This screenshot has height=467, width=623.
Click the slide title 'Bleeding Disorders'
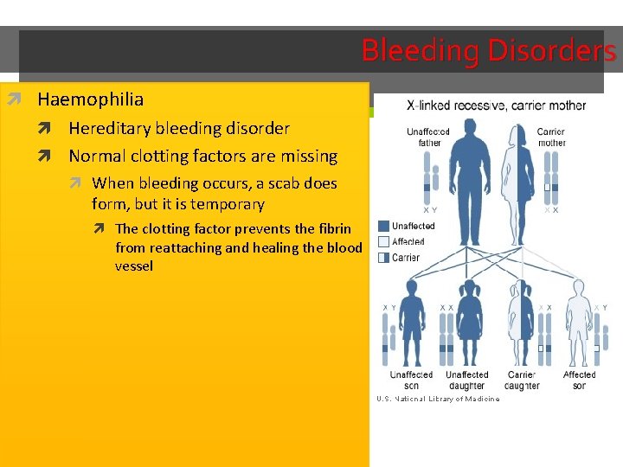(488, 50)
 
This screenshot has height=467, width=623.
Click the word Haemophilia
(90, 99)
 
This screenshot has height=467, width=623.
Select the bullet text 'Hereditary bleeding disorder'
(179, 128)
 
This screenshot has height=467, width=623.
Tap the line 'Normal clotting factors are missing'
(202, 157)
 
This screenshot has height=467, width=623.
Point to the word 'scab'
(267, 183)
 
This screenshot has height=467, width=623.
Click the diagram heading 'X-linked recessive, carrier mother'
(496, 106)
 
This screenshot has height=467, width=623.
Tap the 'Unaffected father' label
(428, 138)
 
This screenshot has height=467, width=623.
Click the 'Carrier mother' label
(551, 138)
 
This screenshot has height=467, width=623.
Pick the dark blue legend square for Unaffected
(383, 227)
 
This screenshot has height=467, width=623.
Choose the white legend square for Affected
(383, 242)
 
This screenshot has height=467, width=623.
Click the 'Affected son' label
(579, 381)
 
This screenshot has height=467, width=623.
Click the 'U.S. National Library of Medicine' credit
(438, 400)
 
